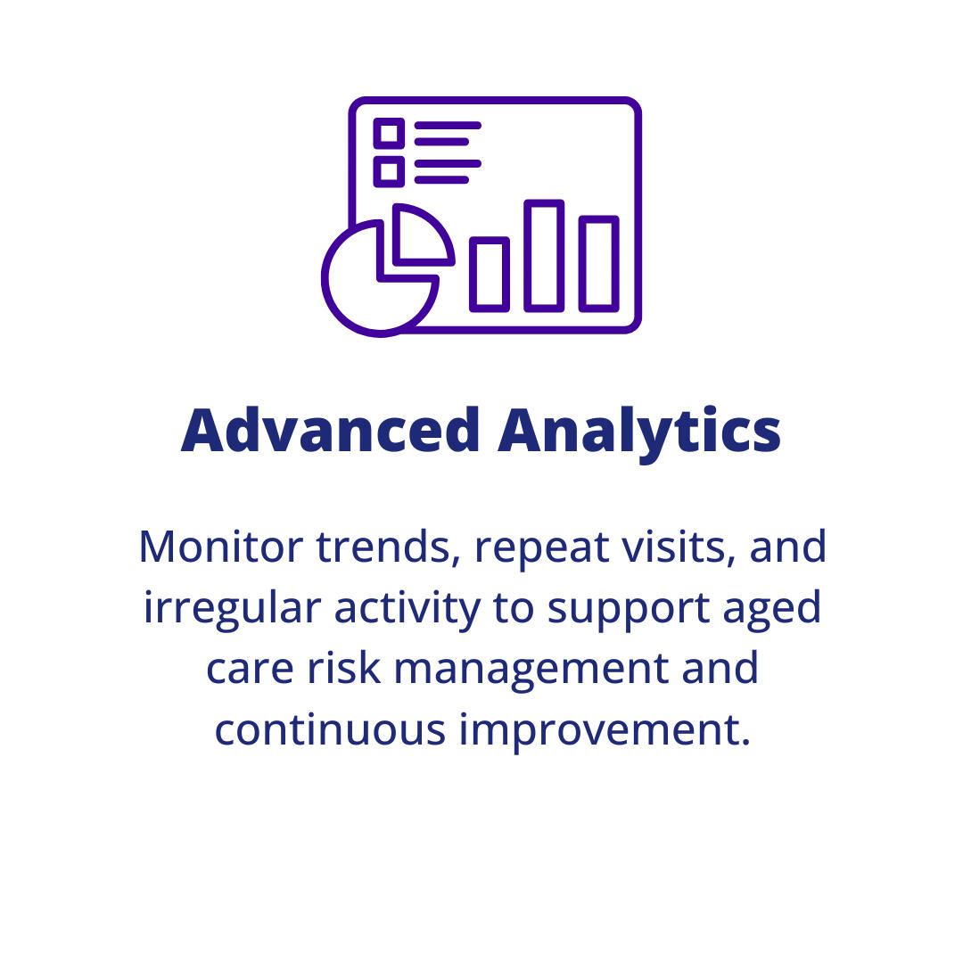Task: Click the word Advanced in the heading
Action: point(331,431)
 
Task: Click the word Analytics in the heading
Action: point(639,431)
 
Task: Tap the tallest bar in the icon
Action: point(544,256)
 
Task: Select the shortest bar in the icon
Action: point(490,275)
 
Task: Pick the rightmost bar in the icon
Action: point(598,264)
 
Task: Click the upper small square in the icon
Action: point(389,134)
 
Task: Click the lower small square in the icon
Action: point(389,171)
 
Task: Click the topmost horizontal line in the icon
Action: point(448,126)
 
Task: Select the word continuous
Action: point(329,729)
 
